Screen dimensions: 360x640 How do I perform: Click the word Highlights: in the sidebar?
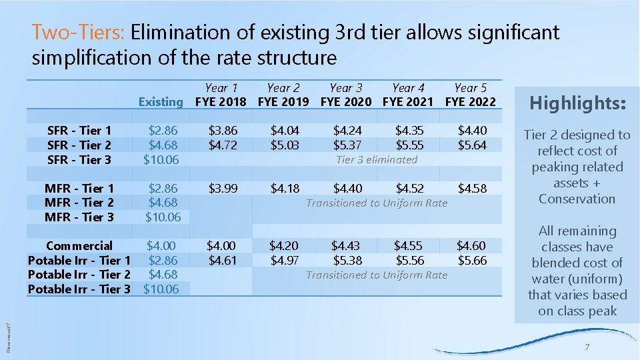pos(577,103)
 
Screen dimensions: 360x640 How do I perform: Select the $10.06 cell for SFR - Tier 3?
pos(162,159)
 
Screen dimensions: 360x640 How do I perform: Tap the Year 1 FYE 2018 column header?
pos(221,94)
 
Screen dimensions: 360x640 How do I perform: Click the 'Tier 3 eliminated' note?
pos(377,159)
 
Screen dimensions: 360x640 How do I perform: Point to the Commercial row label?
pos(79,246)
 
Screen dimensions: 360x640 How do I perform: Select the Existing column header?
pos(160,101)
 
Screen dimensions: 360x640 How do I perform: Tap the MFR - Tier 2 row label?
pos(79,203)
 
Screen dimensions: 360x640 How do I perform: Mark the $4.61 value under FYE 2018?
pos(221,260)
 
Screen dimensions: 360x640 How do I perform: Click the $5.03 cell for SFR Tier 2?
pos(285,145)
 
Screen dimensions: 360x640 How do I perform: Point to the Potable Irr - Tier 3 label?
pos(79,289)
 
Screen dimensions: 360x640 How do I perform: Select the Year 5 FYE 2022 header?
pos(471,94)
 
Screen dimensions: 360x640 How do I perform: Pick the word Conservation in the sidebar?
pos(577,199)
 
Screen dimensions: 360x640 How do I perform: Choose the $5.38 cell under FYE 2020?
pos(347,260)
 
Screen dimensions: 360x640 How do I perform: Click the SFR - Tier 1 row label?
pos(79,131)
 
